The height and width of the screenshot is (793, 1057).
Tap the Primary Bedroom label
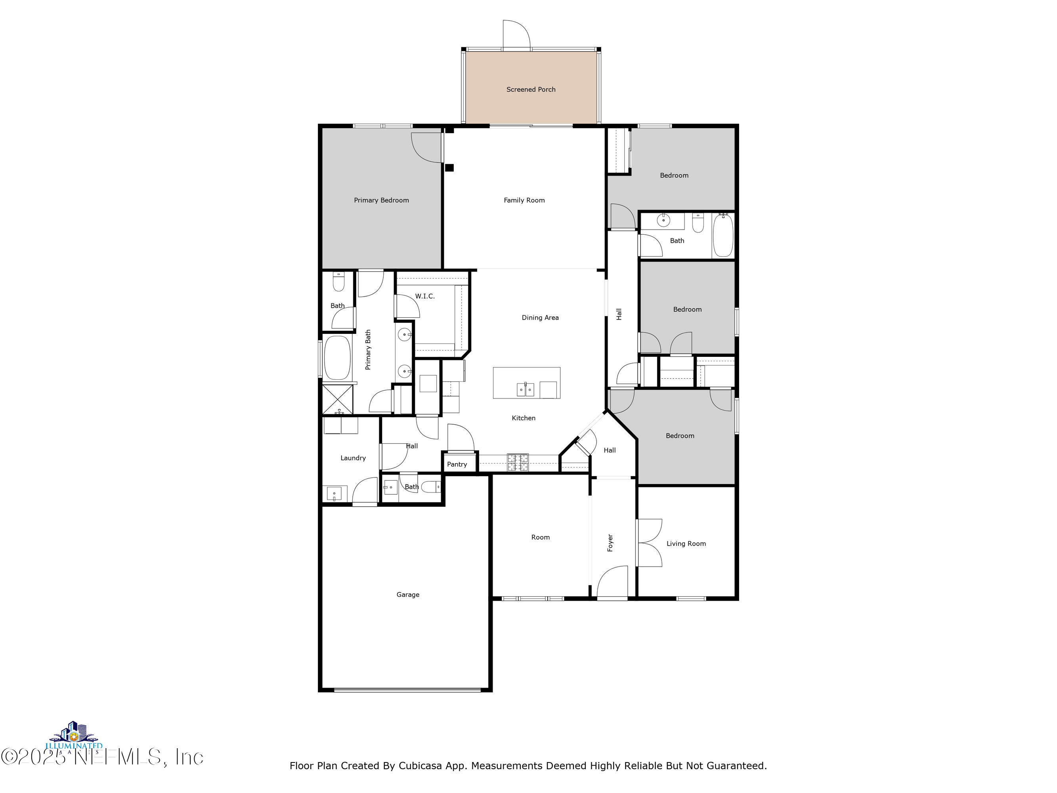pos(381,200)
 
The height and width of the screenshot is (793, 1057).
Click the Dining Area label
pos(539,317)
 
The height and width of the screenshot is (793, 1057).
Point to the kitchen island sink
pos(525,390)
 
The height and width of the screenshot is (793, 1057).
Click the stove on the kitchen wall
pos(518,462)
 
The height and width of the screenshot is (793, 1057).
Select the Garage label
pos(407,595)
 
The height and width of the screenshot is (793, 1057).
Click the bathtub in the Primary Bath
pos(337,358)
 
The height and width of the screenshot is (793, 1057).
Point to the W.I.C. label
pos(424,296)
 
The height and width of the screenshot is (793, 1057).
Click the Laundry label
pos(353,458)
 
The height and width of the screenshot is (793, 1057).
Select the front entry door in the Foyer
pos(612,582)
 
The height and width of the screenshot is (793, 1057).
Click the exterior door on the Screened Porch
pos(516,34)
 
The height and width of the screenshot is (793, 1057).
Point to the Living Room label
pos(686,544)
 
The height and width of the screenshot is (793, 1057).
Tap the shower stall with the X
pos(337,399)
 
